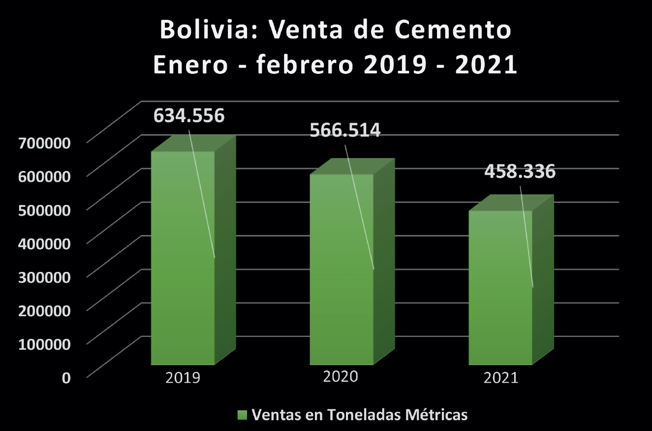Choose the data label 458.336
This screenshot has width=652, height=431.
pos(520,172)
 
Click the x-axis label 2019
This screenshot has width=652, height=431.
pos(183,378)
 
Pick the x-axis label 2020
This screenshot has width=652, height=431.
pos(340,377)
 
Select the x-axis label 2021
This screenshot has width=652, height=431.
pos(501,378)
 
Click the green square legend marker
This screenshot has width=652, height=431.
pos(242,415)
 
